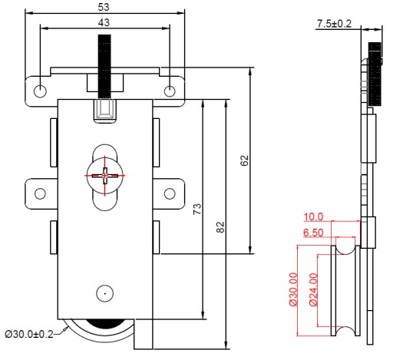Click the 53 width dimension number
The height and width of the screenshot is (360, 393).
(104, 7)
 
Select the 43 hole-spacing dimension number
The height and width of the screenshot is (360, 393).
(104, 22)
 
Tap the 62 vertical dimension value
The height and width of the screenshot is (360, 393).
(245, 160)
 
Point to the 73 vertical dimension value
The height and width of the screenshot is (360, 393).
(197, 209)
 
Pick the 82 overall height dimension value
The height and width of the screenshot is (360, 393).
(220, 227)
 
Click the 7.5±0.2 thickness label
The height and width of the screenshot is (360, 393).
(335, 24)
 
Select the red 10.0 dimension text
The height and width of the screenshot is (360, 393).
(313, 217)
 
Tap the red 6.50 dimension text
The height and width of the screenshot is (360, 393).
(313, 233)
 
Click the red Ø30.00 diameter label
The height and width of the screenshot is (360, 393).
(293, 289)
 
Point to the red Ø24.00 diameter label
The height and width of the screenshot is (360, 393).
(313, 289)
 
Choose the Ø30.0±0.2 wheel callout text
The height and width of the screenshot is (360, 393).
(29, 334)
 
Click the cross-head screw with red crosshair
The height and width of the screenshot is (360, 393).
(105, 176)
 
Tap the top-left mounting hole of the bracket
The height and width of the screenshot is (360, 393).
(40, 91)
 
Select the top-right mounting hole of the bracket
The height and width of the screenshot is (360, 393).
(170, 91)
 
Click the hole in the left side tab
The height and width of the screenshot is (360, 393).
(40, 193)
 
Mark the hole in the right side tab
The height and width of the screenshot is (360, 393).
(170, 193)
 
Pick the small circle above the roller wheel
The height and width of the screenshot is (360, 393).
(105, 293)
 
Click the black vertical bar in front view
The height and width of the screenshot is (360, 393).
(104, 67)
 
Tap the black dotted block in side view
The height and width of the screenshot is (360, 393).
(375, 74)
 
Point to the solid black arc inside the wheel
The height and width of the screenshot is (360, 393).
(107, 323)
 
